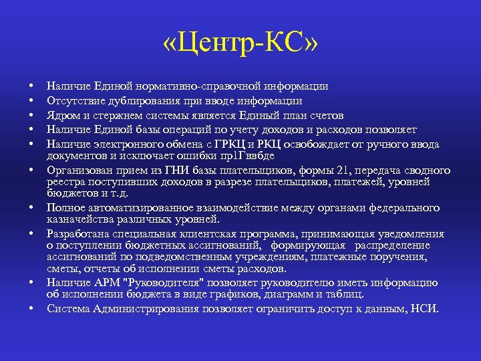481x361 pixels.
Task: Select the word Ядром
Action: point(62,115)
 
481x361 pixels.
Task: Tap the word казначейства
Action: point(81,219)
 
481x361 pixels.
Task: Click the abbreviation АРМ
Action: point(108,282)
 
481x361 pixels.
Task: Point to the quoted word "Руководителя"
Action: point(160,282)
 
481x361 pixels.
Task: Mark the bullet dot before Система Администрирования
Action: point(31,309)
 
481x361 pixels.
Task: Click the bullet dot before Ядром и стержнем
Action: point(31,116)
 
